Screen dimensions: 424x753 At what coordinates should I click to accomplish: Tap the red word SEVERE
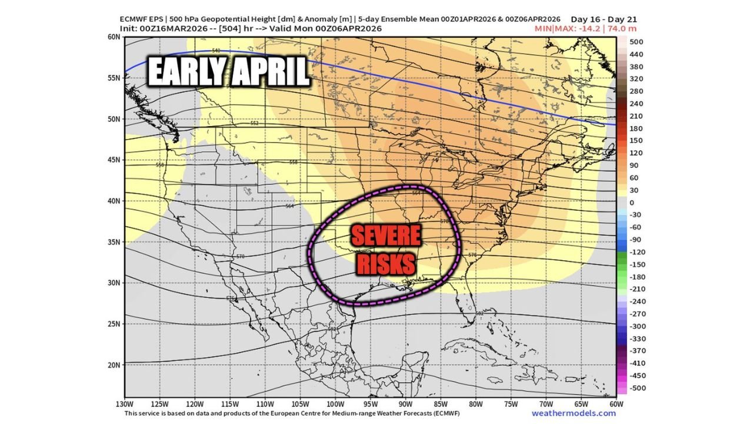[386, 237]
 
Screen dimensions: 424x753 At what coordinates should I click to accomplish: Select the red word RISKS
[386, 264]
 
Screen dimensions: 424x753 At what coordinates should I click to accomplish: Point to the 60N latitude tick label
[114, 37]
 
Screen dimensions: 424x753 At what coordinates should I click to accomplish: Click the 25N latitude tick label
[114, 324]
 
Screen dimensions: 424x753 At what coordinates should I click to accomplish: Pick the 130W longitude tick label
[125, 405]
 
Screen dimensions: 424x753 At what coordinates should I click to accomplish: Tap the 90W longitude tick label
[405, 405]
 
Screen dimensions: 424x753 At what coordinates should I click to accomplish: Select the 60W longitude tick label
[616, 405]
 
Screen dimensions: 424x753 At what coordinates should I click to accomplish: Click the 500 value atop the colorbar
[636, 42]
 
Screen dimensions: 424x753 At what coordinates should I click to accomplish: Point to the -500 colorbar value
[638, 387]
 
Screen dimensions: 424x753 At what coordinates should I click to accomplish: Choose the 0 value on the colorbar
[632, 203]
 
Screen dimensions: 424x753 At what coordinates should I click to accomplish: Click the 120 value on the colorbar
[636, 153]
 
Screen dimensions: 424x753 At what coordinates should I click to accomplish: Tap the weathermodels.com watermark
[574, 413]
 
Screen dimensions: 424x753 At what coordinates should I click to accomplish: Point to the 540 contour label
[216, 51]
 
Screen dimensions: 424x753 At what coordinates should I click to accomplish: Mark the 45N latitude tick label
[114, 160]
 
